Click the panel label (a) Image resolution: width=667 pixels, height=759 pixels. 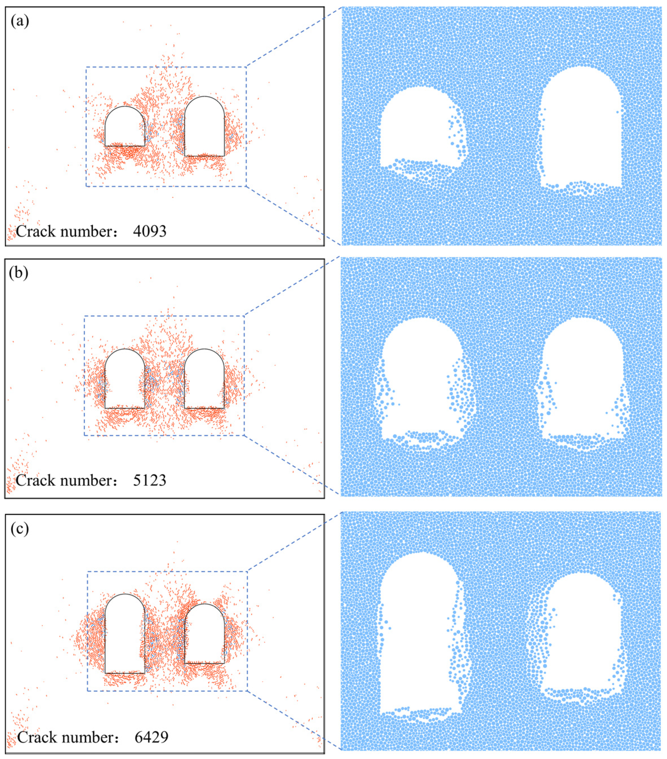pos(20,21)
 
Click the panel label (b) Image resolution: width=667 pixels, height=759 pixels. pos(19,273)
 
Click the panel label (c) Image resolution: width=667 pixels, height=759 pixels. pos(20,528)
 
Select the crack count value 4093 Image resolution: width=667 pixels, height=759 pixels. pos(150,231)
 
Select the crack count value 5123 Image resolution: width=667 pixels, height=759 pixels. pos(150,480)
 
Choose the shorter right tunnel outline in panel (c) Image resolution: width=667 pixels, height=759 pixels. pos(204,635)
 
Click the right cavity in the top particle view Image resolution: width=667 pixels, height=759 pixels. pos(581,126)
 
